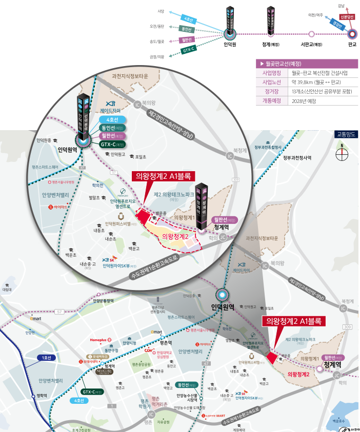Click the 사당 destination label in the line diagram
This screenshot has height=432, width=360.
(x=161, y=11)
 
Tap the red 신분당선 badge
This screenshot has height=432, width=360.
(x=347, y=16)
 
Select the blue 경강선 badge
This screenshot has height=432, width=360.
(x=337, y=24)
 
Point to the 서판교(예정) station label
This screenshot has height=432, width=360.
(x=311, y=45)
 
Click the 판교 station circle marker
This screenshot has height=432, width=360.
(x=352, y=34)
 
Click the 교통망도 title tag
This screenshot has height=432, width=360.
(x=346, y=135)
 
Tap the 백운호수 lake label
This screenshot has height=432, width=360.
(x=335, y=421)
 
